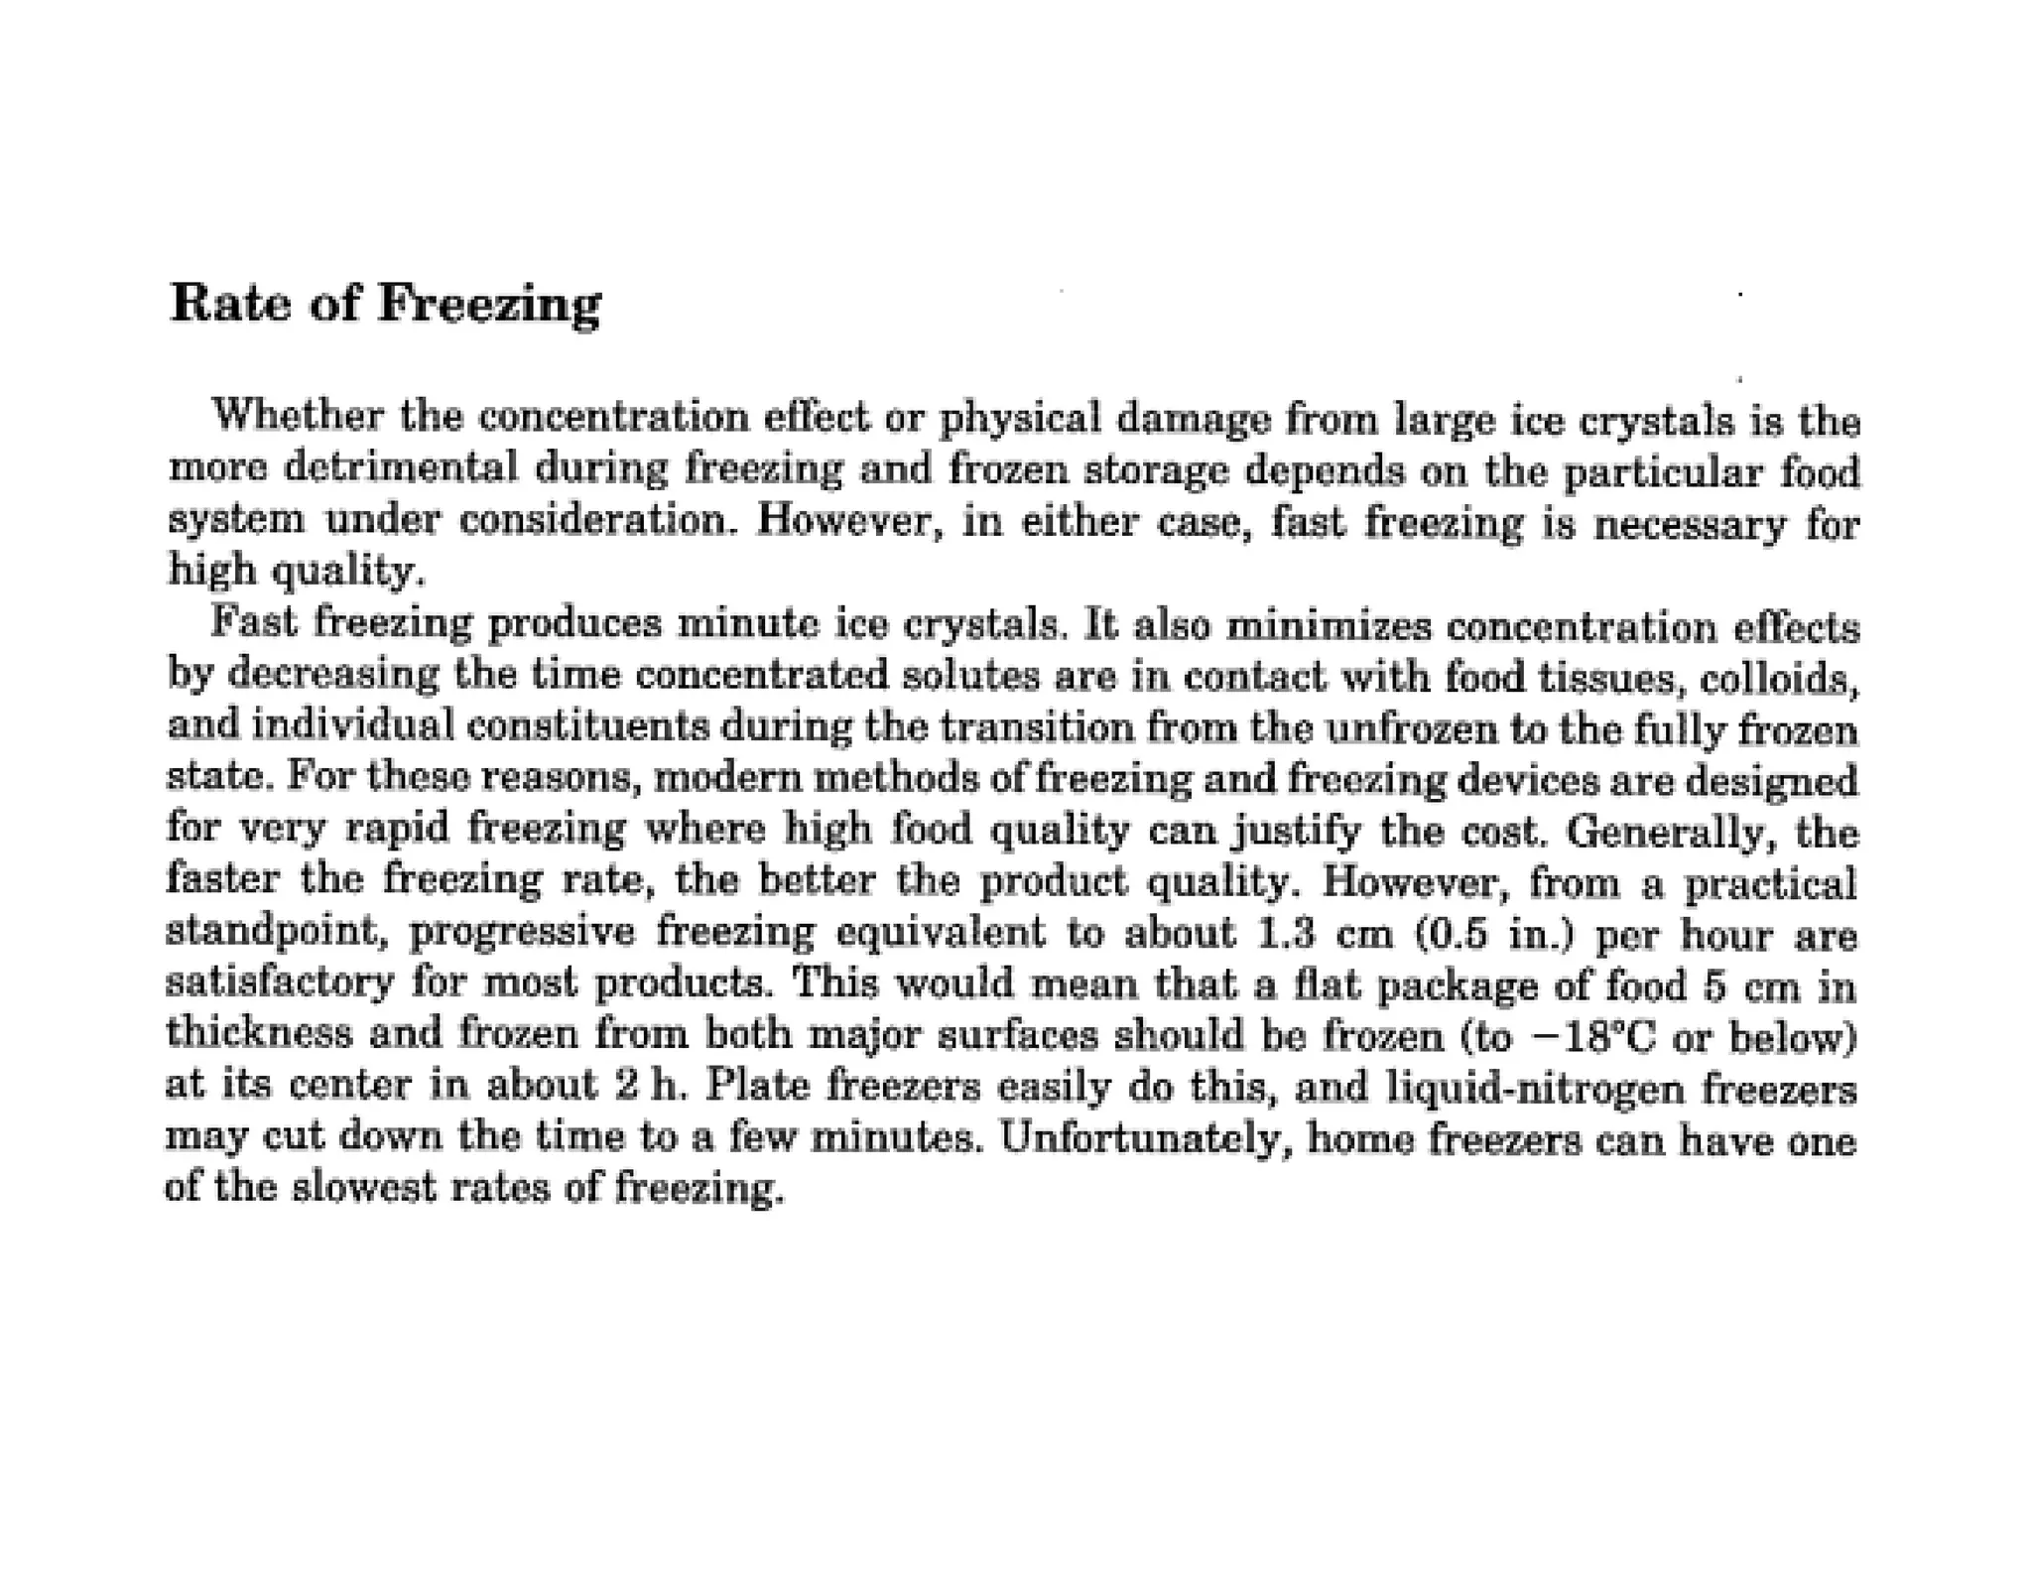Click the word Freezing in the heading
(488, 305)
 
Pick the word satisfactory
(280, 983)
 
